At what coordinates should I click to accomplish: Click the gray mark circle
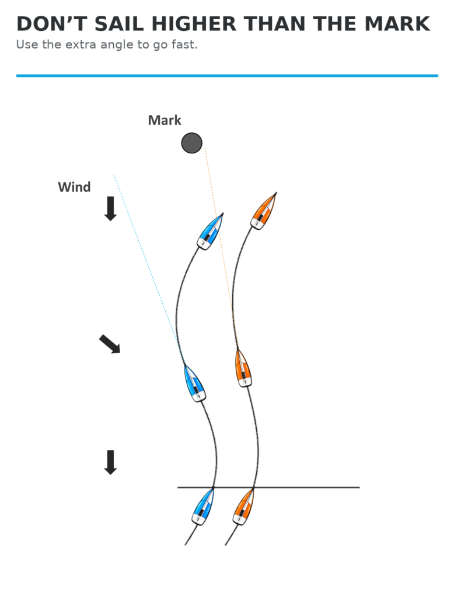click(191, 143)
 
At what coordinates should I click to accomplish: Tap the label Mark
click(165, 120)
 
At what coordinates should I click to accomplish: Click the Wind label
click(74, 187)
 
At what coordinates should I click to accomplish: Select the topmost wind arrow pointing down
click(110, 209)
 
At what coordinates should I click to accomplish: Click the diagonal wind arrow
click(110, 344)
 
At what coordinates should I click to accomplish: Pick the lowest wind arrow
click(110, 462)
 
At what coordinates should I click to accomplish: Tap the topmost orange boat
click(263, 211)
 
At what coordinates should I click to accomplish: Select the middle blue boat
click(195, 383)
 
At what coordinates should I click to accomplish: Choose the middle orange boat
click(243, 368)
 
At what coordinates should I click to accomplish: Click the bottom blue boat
click(203, 506)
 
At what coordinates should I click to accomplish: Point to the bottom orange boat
click(243, 506)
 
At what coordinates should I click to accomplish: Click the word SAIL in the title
click(119, 24)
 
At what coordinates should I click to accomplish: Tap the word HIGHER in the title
click(194, 24)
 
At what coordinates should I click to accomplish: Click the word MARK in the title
click(397, 24)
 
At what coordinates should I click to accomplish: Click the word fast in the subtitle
click(184, 44)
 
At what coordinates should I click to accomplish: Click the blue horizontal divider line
click(227, 76)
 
